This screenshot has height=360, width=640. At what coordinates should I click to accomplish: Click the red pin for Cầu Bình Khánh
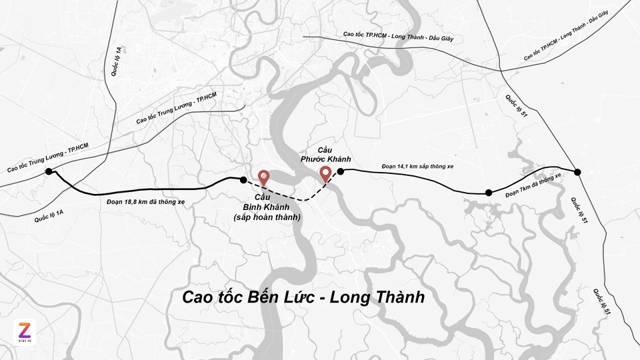point(264,177)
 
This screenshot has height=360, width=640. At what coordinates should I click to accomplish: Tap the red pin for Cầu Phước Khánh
point(325,173)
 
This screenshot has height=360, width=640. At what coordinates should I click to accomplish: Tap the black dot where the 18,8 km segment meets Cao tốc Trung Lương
point(49,172)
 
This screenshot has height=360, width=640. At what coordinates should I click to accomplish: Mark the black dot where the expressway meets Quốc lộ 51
point(578,172)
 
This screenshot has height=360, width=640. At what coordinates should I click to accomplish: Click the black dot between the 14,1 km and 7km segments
point(489,193)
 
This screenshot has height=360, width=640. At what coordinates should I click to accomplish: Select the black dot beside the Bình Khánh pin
point(243,179)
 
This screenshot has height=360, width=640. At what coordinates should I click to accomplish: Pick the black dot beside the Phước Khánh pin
point(340,171)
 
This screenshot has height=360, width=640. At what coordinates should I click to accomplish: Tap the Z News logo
point(25,331)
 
